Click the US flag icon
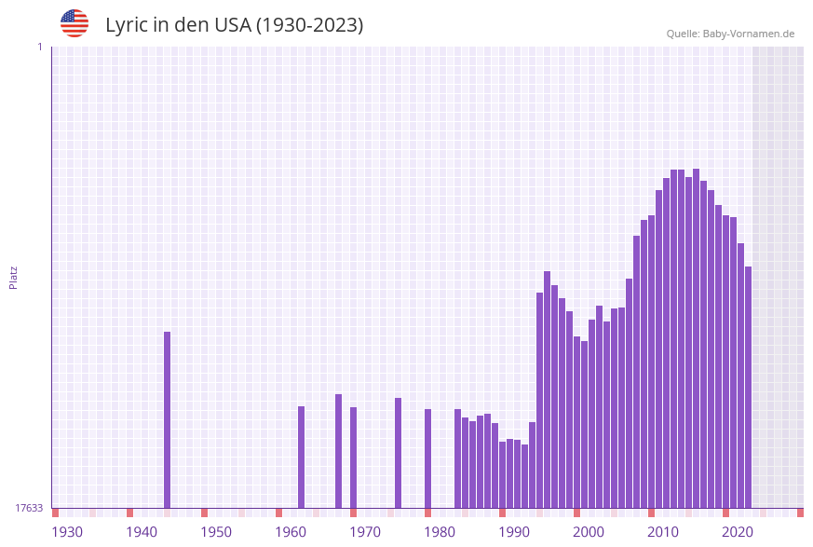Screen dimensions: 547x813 click(75, 23)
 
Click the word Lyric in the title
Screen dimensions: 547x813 click(126, 25)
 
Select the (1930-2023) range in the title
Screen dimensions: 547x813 click(309, 25)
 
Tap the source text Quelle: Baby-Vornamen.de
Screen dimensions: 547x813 click(730, 34)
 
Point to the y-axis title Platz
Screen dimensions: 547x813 click(14, 278)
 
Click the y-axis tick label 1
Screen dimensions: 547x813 click(39, 47)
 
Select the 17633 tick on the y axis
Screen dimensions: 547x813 click(29, 508)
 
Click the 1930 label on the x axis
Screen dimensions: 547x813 click(67, 532)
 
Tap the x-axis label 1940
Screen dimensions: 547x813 click(142, 532)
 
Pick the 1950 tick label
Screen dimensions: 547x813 click(216, 532)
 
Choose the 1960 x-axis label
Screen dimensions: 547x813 click(291, 532)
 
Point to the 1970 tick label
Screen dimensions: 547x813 click(365, 532)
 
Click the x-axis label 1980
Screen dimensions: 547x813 click(440, 532)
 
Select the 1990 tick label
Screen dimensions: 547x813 click(514, 532)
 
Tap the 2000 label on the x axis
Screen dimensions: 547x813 click(589, 532)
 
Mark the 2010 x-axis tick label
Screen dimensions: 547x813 click(663, 532)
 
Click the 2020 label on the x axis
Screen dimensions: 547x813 click(738, 532)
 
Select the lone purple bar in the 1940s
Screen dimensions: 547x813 click(168, 419)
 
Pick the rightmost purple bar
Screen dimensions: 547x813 click(748, 387)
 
